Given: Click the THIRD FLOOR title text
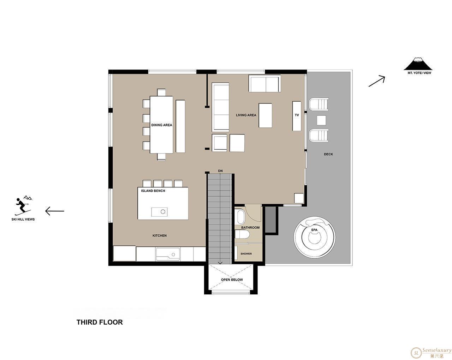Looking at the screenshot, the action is [x=100, y=322].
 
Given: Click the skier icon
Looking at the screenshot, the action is [x=23, y=206].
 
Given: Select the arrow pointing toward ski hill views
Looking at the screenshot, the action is [x=55, y=211].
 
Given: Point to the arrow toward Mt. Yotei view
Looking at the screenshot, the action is [x=377, y=81].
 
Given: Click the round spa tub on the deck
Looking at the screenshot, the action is [x=314, y=237].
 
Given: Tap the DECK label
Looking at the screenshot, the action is [x=328, y=154].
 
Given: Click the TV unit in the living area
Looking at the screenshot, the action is [x=297, y=116].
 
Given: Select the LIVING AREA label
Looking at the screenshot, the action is [x=246, y=115].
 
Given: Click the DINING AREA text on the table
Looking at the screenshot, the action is [x=161, y=125].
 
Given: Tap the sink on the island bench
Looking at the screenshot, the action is [x=159, y=212].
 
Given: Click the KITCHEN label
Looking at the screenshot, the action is [x=159, y=235].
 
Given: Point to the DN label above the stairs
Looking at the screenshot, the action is [x=220, y=171].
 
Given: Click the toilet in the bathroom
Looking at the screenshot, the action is [x=242, y=234].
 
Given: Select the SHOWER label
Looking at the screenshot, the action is [x=246, y=253].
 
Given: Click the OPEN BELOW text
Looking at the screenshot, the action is [x=232, y=280].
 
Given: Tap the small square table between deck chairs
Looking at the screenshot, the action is [x=321, y=120].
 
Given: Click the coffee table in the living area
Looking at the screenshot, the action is [x=265, y=115].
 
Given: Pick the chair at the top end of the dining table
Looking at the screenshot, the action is [x=161, y=92].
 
